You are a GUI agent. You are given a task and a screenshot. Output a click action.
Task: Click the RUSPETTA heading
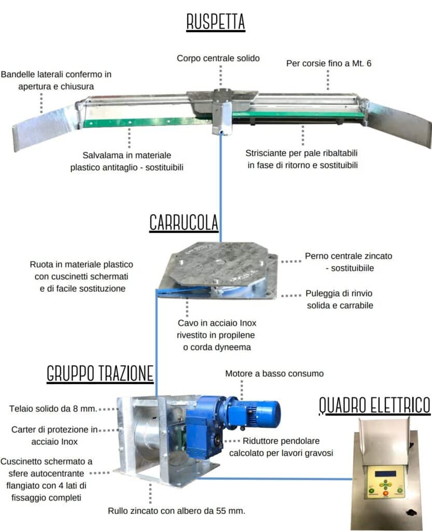click(x=216, y=23)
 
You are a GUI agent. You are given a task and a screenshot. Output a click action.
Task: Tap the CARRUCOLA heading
click(x=184, y=222)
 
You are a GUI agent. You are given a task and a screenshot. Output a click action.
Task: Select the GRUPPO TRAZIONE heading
click(x=100, y=373)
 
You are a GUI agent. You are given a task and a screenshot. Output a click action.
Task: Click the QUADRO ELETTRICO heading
click(x=374, y=405)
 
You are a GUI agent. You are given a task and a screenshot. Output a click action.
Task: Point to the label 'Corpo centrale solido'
click(x=218, y=58)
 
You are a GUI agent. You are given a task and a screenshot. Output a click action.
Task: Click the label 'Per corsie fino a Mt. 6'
click(x=329, y=64)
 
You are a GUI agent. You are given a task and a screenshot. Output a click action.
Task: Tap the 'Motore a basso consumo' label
click(x=274, y=373)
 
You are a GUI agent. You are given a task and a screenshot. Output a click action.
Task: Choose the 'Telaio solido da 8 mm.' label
click(x=53, y=409)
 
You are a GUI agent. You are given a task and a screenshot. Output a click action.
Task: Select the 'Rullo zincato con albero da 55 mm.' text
click(x=176, y=511)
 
